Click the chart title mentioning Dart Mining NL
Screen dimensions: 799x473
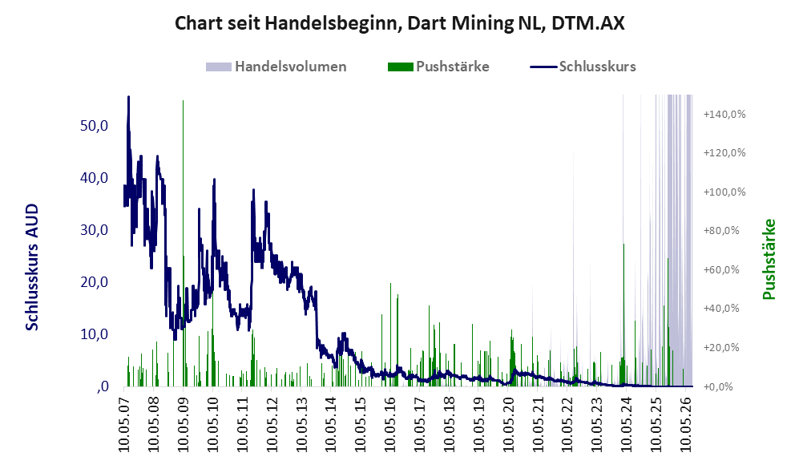pos(399,23)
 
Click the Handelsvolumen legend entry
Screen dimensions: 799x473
pos(276,67)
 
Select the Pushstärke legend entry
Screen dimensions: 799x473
pos(438,67)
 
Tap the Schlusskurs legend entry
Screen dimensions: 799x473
pos(583,67)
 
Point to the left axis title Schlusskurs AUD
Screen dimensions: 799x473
pos(32,267)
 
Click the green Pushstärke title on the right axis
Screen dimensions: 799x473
pos(769,259)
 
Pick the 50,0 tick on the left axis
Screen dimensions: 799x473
pos(95,125)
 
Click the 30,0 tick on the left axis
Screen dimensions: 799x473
pos(95,230)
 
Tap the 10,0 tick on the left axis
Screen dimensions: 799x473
pos(95,334)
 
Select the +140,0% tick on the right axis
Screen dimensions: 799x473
pos(724,114)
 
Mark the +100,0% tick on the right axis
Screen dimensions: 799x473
pos(724,192)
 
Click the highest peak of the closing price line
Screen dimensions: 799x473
pos(128,97)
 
